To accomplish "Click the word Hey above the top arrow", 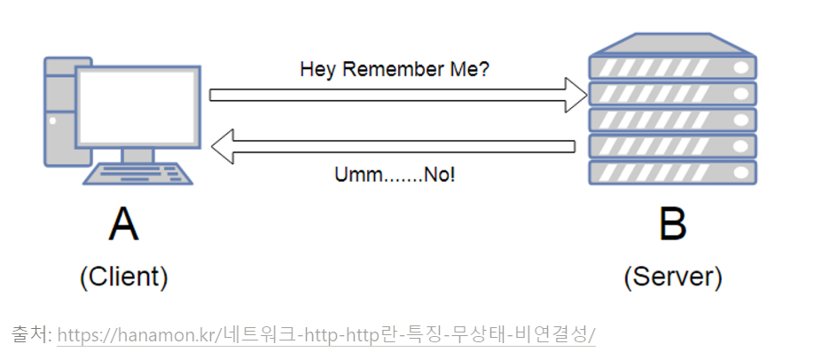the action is (x=315, y=69).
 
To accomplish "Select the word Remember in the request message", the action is (x=392, y=69).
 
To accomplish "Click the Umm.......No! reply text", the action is (x=395, y=174).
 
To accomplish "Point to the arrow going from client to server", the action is (x=390, y=94).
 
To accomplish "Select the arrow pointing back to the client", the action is (x=399, y=145).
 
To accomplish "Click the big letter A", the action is (x=123, y=225).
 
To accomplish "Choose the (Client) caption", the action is (x=123, y=278).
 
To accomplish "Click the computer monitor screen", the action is (x=137, y=106).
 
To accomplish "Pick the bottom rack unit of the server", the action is (x=672, y=172).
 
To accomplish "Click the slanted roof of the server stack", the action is (x=672, y=43).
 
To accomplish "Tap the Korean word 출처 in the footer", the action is (x=29, y=335).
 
